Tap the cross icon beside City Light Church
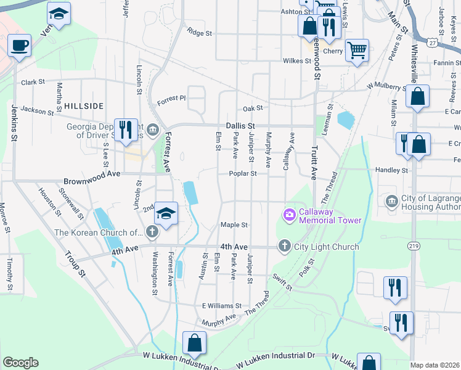[x=284, y=246]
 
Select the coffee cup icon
[x=20, y=45]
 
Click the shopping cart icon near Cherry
[x=357, y=49]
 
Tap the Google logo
[x=20, y=363]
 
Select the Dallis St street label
[x=240, y=125]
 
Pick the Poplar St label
[x=244, y=174]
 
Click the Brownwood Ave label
[x=92, y=182]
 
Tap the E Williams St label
[x=221, y=306]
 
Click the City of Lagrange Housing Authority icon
[x=392, y=201]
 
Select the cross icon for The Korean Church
[x=152, y=232]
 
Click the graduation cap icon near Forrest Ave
[x=166, y=213]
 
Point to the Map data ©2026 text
[x=435, y=365]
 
